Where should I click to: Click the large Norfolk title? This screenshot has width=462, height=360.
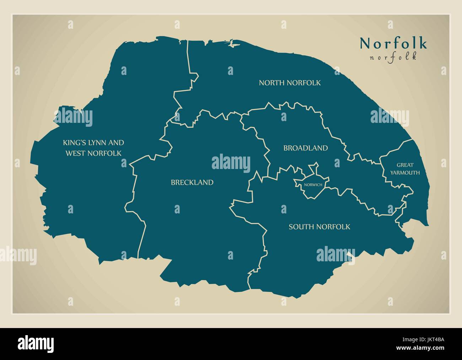pyautogui.click(x=393, y=43)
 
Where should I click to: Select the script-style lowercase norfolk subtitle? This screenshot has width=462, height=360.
pyautogui.click(x=393, y=57)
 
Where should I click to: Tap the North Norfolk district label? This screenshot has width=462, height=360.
pyautogui.click(x=290, y=83)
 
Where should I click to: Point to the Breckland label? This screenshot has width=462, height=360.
pyautogui.click(x=192, y=182)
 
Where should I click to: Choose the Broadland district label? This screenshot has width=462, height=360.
pyautogui.click(x=305, y=148)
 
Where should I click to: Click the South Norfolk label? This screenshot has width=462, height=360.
pyautogui.click(x=319, y=227)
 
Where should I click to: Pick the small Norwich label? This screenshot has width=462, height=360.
pyautogui.click(x=313, y=185)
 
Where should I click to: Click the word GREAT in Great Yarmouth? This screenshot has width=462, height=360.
pyautogui.click(x=405, y=165)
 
